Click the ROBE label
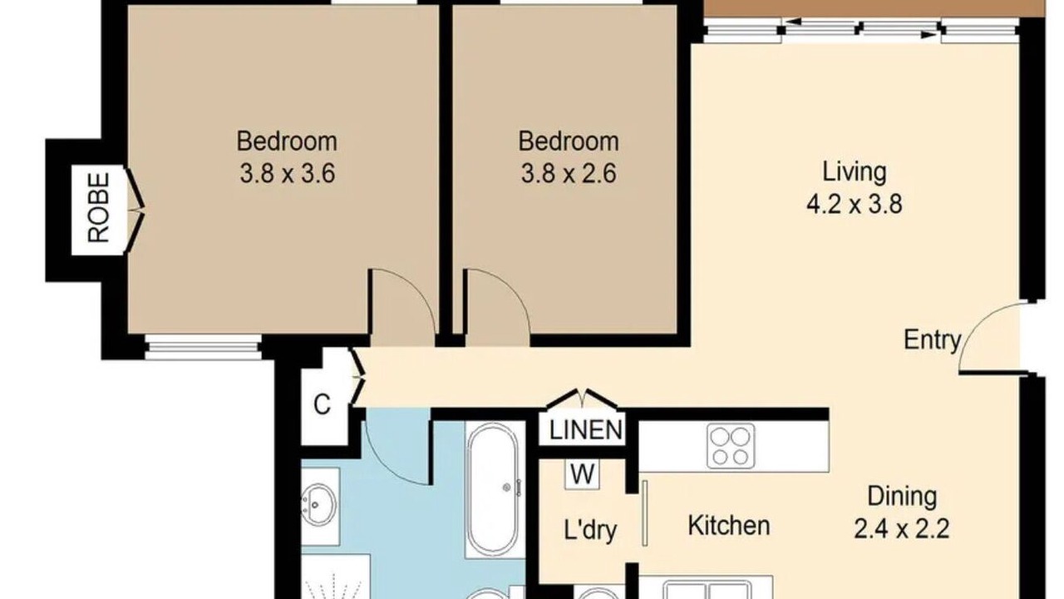click(99, 208)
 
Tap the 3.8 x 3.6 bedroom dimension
click(288, 172)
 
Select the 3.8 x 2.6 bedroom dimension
click(569, 172)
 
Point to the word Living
click(854, 172)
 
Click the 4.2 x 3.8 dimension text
click(854, 205)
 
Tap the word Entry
click(933, 340)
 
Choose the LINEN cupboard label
click(585, 430)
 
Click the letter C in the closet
click(322, 405)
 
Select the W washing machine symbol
click(583, 473)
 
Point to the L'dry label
click(590, 530)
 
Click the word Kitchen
click(729, 525)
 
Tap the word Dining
click(902, 498)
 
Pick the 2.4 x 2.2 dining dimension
click(902, 528)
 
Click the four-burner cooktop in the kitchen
click(731, 446)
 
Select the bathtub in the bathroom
click(493, 489)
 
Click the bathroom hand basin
click(319, 505)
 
